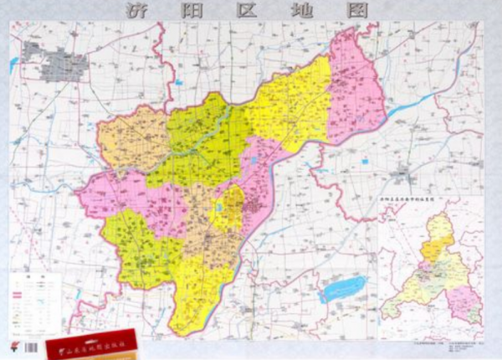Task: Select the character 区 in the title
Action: (248, 11)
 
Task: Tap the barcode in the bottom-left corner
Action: (30, 347)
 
